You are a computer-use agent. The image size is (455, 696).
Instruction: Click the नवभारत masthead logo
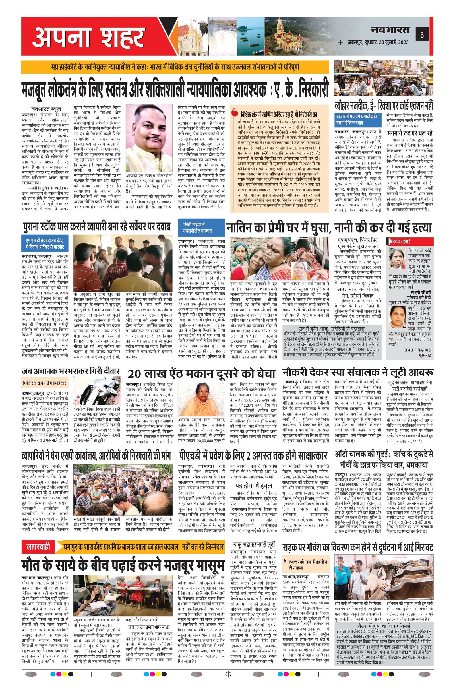pos(390,30)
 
